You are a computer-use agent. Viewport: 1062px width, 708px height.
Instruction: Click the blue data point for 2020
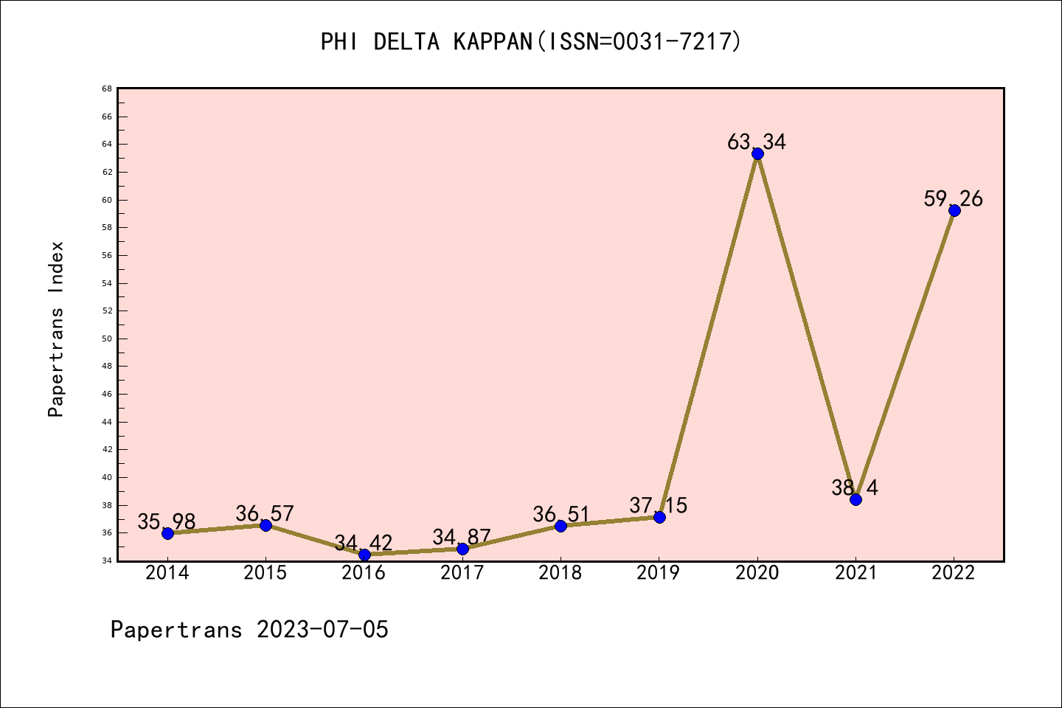(757, 153)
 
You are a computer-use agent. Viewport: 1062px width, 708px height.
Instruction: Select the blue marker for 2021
(855, 499)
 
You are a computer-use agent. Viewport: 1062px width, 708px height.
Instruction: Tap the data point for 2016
(364, 555)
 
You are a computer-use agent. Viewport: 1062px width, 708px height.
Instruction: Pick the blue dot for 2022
(954, 210)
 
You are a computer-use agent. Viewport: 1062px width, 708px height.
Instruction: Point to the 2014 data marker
(167, 533)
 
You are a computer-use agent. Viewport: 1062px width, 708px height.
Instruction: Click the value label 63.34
(757, 142)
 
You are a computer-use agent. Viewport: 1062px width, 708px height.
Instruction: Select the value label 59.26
(953, 198)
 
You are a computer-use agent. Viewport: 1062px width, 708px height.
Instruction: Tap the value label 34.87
(462, 537)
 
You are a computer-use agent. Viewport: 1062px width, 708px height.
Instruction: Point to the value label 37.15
(658, 505)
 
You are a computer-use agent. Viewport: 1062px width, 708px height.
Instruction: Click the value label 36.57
(265, 513)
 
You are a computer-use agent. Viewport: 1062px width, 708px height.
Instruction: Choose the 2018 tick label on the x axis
(560, 573)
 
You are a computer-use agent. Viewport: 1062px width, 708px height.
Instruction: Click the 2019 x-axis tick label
(659, 573)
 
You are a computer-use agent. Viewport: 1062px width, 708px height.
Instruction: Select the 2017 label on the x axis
(462, 573)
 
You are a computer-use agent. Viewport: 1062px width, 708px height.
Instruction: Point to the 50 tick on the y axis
(107, 339)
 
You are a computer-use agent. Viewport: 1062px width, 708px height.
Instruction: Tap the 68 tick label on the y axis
(107, 88)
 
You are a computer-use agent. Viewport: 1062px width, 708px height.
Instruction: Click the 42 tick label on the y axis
(107, 449)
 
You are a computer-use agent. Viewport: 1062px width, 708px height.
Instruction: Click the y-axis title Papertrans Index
(56, 329)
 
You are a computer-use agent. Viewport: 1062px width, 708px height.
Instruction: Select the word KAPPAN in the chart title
(493, 41)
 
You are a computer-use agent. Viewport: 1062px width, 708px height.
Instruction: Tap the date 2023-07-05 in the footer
(322, 629)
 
